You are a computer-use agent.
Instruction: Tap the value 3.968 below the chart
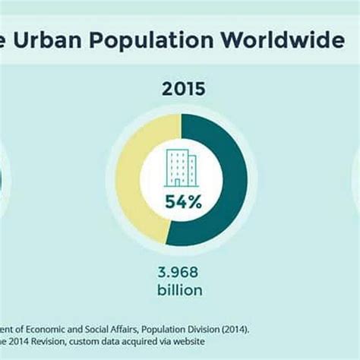[181, 272]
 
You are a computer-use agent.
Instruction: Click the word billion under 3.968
[181, 289]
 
